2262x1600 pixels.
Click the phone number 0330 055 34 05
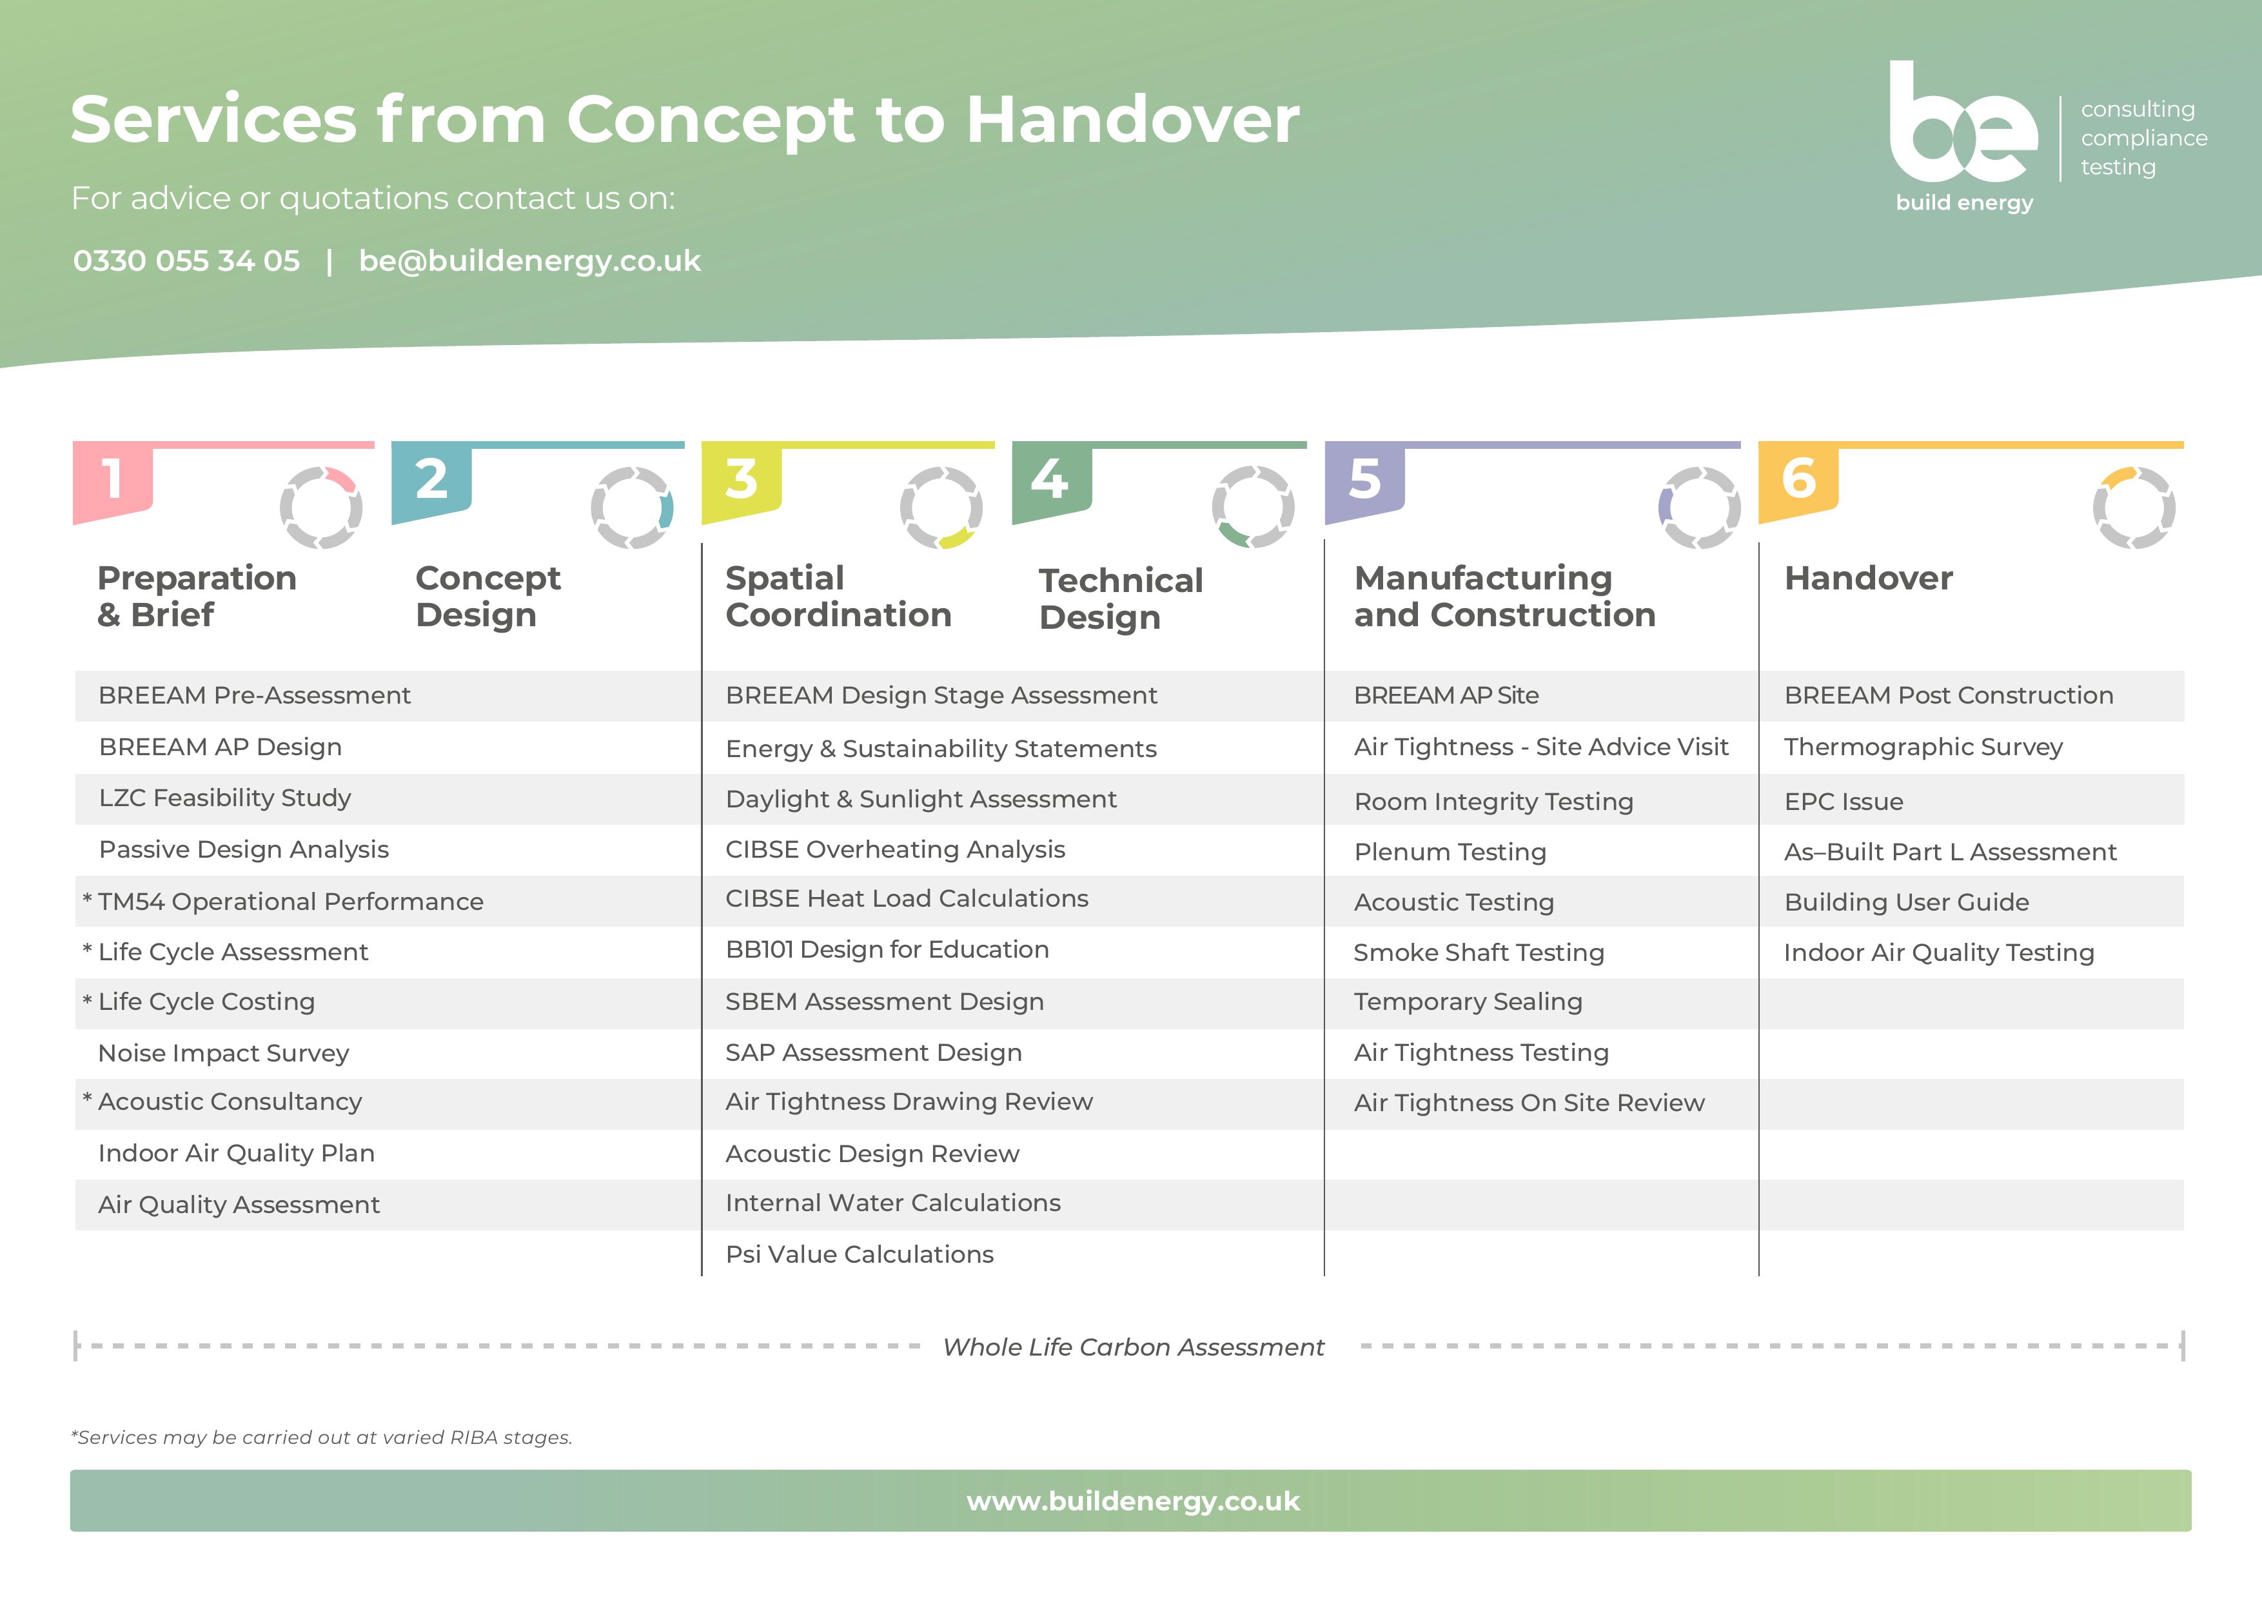click(186, 261)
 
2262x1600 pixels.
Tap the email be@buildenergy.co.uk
click(530, 261)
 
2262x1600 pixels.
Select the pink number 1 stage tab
click(113, 482)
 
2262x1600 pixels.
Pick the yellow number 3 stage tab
click(742, 482)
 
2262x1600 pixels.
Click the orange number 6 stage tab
click(1799, 482)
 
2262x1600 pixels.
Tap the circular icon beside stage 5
click(1700, 508)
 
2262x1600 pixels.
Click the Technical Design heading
click(1121, 599)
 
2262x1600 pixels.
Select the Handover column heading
click(1869, 578)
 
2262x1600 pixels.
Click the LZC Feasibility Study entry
click(224, 798)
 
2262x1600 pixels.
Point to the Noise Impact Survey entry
click(224, 1053)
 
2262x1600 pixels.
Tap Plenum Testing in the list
click(1450, 852)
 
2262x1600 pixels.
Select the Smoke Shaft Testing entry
click(1479, 953)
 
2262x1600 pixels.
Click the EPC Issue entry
click(1844, 802)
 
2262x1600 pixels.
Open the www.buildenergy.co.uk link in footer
click(1133, 1501)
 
